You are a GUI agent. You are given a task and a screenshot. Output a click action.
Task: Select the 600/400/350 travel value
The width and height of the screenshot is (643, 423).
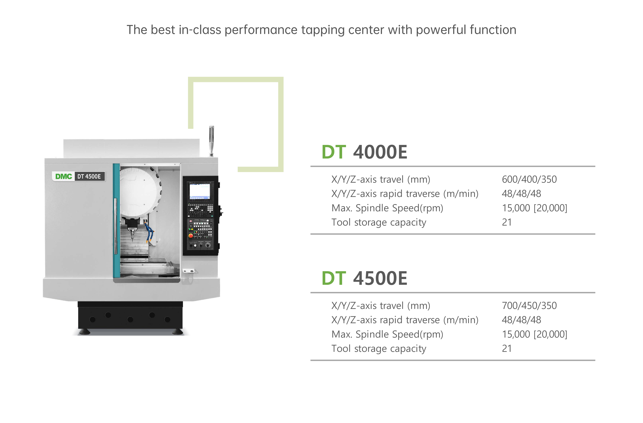pos(529,179)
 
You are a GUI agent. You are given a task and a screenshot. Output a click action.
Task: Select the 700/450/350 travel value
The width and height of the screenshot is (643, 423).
pos(529,306)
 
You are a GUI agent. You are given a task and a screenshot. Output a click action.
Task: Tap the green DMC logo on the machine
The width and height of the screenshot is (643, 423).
pos(64,176)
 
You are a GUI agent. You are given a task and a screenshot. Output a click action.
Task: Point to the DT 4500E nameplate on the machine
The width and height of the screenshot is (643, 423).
pos(89,176)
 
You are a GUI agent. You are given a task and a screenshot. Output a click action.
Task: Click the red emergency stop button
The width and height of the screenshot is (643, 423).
pos(190,236)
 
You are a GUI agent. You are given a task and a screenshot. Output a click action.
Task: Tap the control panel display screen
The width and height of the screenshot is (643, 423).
pos(200,191)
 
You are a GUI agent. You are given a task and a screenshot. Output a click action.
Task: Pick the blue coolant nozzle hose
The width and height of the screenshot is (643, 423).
pos(149,232)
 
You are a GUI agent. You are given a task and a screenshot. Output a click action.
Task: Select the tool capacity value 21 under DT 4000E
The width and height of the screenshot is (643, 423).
pos(507,222)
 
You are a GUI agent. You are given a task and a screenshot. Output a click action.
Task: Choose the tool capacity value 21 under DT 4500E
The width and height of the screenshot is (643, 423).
pos(507,348)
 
